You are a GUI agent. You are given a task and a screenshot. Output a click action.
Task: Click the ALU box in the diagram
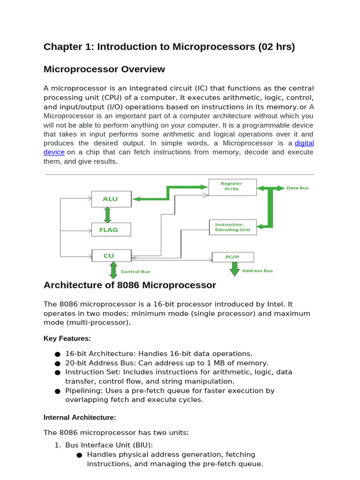[x=111, y=199]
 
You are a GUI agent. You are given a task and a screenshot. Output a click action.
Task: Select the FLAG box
[x=111, y=230]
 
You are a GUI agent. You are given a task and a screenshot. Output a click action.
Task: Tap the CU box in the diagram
[x=111, y=256]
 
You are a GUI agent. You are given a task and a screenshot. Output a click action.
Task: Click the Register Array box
[x=232, y=186]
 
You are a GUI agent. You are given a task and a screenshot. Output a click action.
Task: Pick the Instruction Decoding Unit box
[x=232, y=227]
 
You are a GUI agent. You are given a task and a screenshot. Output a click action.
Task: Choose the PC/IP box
[x=233, y=257]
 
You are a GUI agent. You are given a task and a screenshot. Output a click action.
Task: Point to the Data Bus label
[x=297, y=188]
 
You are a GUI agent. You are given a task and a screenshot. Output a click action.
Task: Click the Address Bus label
[x=257, y=270]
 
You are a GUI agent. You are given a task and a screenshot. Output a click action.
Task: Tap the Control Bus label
[x=135, y=271]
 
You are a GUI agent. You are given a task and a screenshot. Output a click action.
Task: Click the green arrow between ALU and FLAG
[x=108, y=214]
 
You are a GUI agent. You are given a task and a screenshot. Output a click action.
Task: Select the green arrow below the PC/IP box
[x=234, y=269]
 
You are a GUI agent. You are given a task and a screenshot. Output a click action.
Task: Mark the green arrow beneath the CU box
[x=113, y=270]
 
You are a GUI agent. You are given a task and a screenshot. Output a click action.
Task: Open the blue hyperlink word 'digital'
[x=304, y=143]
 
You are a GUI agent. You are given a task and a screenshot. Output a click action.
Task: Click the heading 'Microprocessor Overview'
[x=104, y=69]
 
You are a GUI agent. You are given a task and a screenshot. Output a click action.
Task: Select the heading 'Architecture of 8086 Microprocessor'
[x=130, y=285]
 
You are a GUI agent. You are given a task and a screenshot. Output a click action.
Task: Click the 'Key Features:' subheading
[x=67, y=338]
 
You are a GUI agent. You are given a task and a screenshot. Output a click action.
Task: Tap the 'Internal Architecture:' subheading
[x=80, y=417]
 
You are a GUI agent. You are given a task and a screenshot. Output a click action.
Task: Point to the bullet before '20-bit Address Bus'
[x=58, y=363]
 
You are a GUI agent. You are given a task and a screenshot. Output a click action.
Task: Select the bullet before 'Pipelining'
[x=58, y=391]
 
